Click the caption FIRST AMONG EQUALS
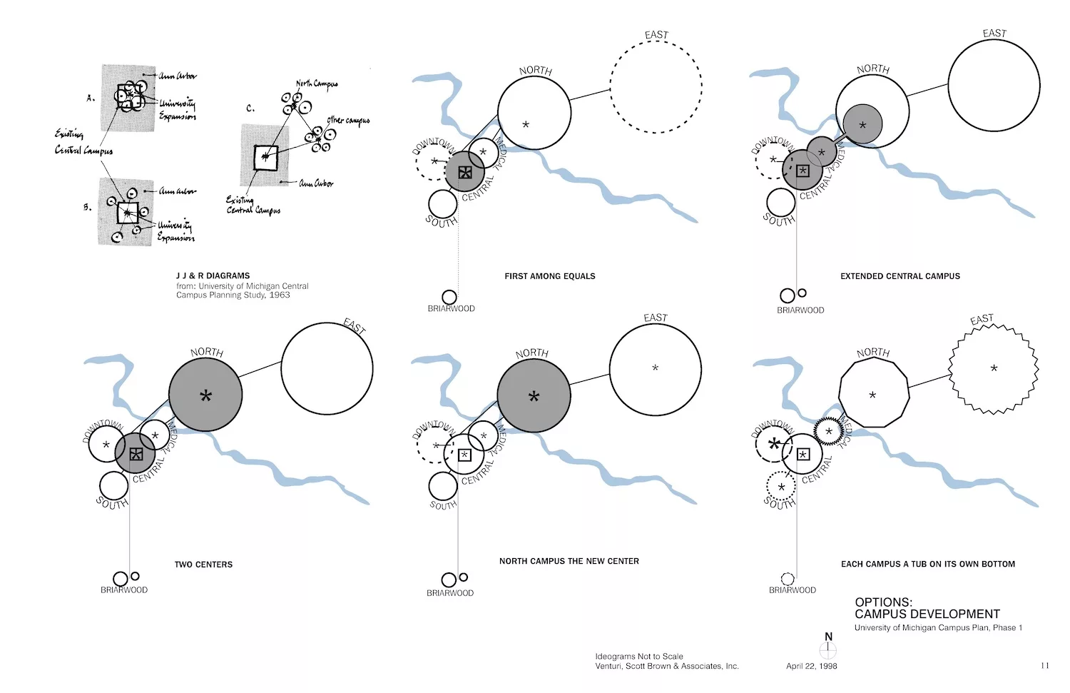[x=549, y=276]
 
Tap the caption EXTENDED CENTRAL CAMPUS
[x=900, y=276]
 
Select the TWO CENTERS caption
[x=203, y=565]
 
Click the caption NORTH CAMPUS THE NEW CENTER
[x=569, y=562]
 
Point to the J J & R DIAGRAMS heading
[x=213, y=275]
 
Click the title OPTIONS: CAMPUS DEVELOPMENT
[x=927, y=608]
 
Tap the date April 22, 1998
[x=811, y=666]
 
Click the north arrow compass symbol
[x=827, y=647]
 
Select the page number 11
[x=1044, y=666]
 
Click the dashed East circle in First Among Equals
[x=656, y=87]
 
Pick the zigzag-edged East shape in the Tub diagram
[x=994, y=369]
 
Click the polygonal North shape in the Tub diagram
[x=873, y=393]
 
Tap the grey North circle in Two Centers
[x=205, y=395]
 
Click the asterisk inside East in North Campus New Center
[x=655, y=368]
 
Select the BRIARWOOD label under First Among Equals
[x=451, y=309]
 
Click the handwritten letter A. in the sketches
[x=91, y=98]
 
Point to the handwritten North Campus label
[x=317, y=85]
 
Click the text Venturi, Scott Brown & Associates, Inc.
[x=667, y=666]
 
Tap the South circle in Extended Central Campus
[x=780, y=203]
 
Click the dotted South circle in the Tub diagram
[x=781, y=487]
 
